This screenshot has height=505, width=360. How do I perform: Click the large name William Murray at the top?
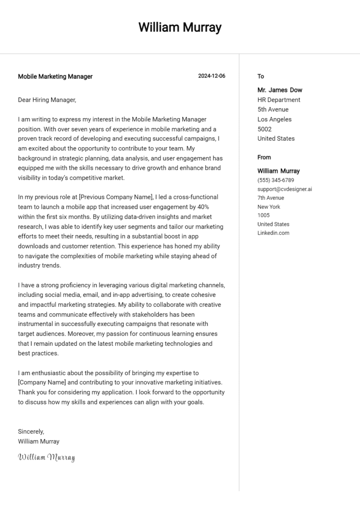(180, 27)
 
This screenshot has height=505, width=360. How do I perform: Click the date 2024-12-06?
(211, 76)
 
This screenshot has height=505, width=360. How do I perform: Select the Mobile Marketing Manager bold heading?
(55, 76)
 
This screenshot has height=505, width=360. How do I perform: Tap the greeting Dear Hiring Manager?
(47, 100)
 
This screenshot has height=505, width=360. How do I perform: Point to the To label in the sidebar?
(261, 76)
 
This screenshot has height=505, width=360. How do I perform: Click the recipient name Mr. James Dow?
(280, 90)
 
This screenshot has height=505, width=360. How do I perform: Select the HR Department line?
(279, 100)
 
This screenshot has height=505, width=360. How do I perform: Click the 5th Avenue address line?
(273, 110)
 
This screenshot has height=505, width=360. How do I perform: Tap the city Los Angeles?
(274, 119)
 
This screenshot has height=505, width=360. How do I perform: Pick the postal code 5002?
(264, 129)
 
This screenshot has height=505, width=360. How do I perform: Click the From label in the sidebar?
(264, 157)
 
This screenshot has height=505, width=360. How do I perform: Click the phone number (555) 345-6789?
(276, 180)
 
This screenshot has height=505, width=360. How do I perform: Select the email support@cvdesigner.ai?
(285, 189)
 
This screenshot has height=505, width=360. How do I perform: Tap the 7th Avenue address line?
(270, 198)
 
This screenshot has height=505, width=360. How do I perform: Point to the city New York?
(269, 207)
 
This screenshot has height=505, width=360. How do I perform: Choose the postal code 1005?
(263, 215)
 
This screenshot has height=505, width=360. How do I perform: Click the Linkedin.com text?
(273, 233)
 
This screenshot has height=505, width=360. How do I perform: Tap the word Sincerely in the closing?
(31, 431)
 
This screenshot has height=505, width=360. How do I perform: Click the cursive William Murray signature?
(46, 457)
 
